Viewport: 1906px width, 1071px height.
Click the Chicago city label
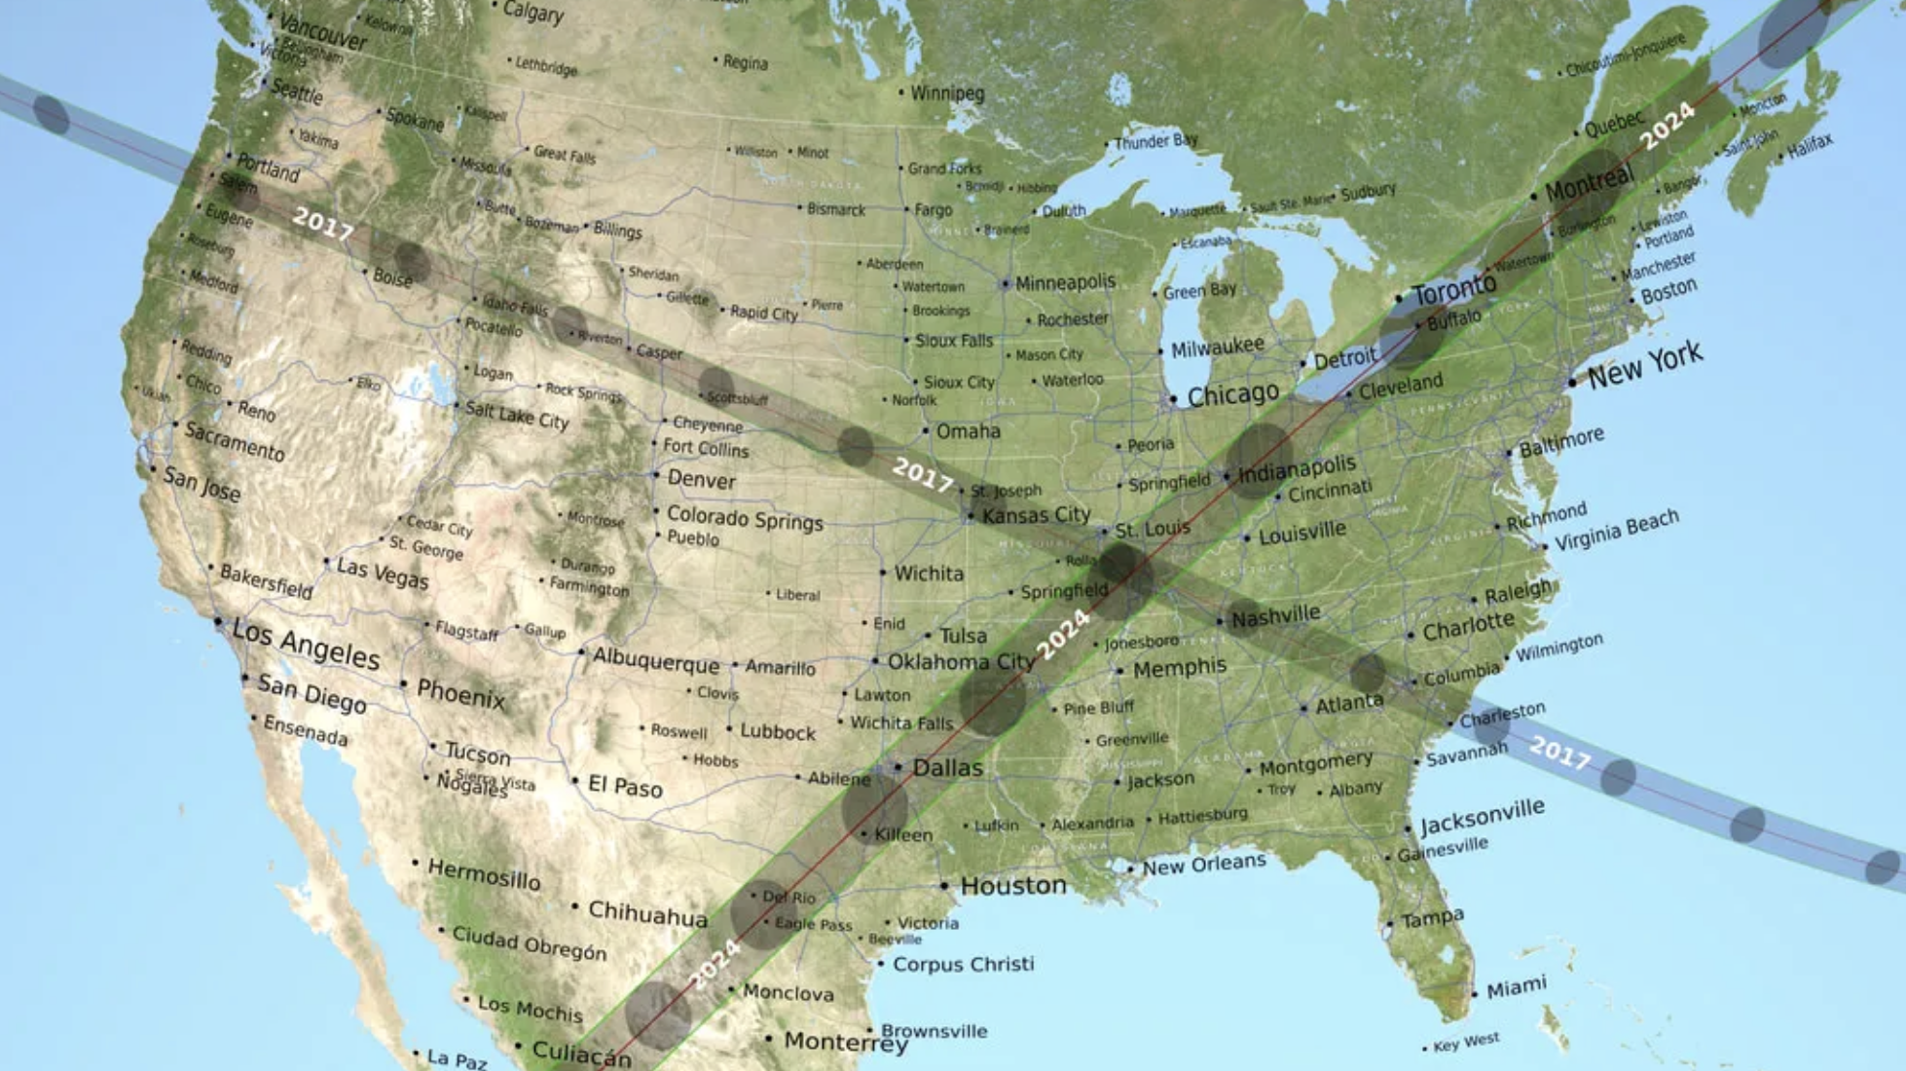coord(1232,394)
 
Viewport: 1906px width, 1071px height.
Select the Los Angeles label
coord(306,644)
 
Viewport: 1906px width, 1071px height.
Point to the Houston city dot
coord(944,886)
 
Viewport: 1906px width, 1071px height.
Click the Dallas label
coord(947,768)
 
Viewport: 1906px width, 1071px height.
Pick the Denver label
coord(701,480)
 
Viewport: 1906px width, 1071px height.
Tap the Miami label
coord(1516,987)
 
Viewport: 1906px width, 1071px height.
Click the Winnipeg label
coord(947,93)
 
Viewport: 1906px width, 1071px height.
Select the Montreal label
coord(1589,182)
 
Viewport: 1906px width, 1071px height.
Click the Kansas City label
coord(1036,515)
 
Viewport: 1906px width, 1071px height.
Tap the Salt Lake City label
coord(516,416)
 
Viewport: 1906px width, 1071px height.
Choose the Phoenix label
coord(460,694)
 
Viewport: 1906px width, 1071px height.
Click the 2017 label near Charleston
coord(1559,752)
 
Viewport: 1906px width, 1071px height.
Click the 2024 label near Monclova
coord(715,964)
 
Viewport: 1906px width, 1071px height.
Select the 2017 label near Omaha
coord(922,475)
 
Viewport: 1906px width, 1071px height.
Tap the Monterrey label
coord(845,1042)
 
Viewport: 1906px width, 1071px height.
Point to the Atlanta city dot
coord(1304,709)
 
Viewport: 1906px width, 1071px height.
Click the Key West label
coord(1466,1042)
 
